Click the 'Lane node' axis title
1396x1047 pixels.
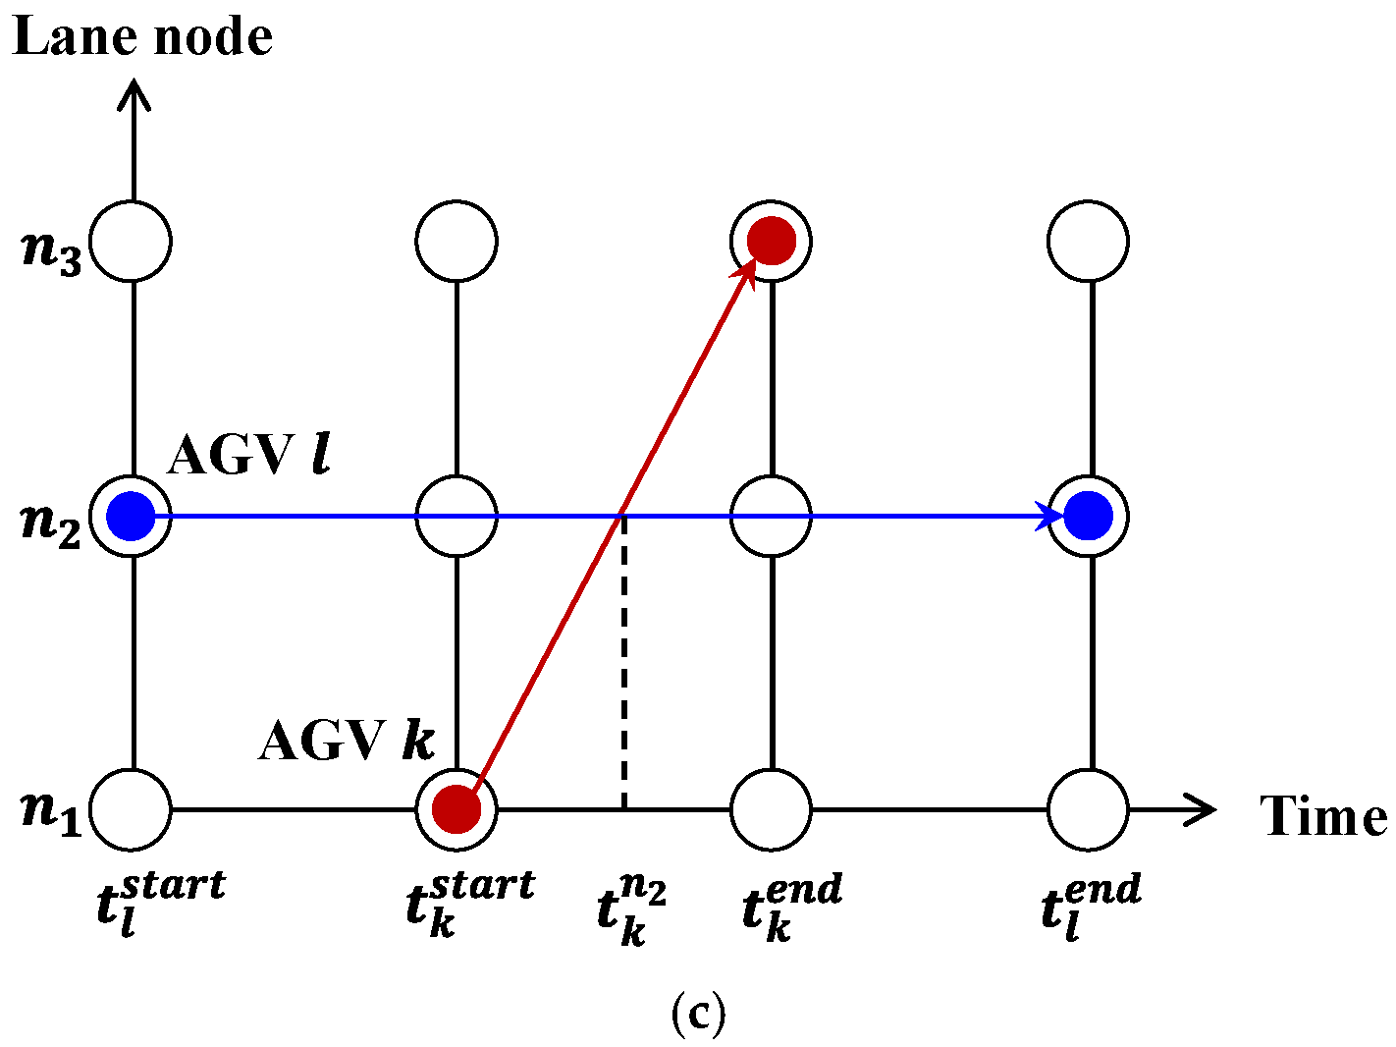tap(142, 37)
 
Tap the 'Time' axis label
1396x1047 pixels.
tap(1323, 816)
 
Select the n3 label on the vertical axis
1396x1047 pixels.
tap(51, 250)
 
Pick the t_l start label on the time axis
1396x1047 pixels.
tap(160, 903)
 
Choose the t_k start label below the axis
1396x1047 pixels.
tap(469, 903)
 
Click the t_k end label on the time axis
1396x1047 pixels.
tap(791, 907)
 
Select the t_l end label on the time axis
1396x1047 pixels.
tap(1091, 907)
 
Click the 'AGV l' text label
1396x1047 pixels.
tap(248, 456)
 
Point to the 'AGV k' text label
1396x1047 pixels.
tap(346, 741)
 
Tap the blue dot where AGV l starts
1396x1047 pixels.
tap(131, 516)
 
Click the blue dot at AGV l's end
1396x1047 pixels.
tap(1088, 516)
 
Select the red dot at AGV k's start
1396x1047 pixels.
tap(456, 809)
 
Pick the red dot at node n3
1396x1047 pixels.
tap(772, 241)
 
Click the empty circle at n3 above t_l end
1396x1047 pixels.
tap(1088, 241)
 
